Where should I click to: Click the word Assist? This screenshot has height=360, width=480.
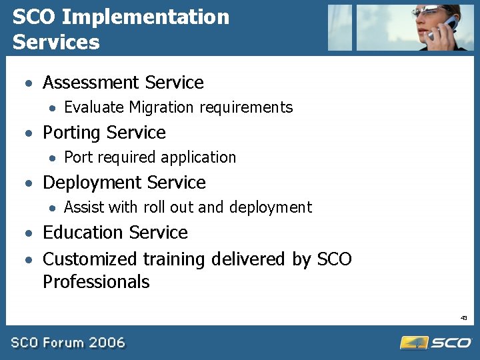pos(84,207)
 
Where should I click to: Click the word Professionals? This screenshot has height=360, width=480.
pos(96,282)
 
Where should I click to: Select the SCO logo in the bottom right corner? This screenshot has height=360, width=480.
pos(436,343)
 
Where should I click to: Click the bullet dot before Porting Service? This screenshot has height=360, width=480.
pos(29,133)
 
